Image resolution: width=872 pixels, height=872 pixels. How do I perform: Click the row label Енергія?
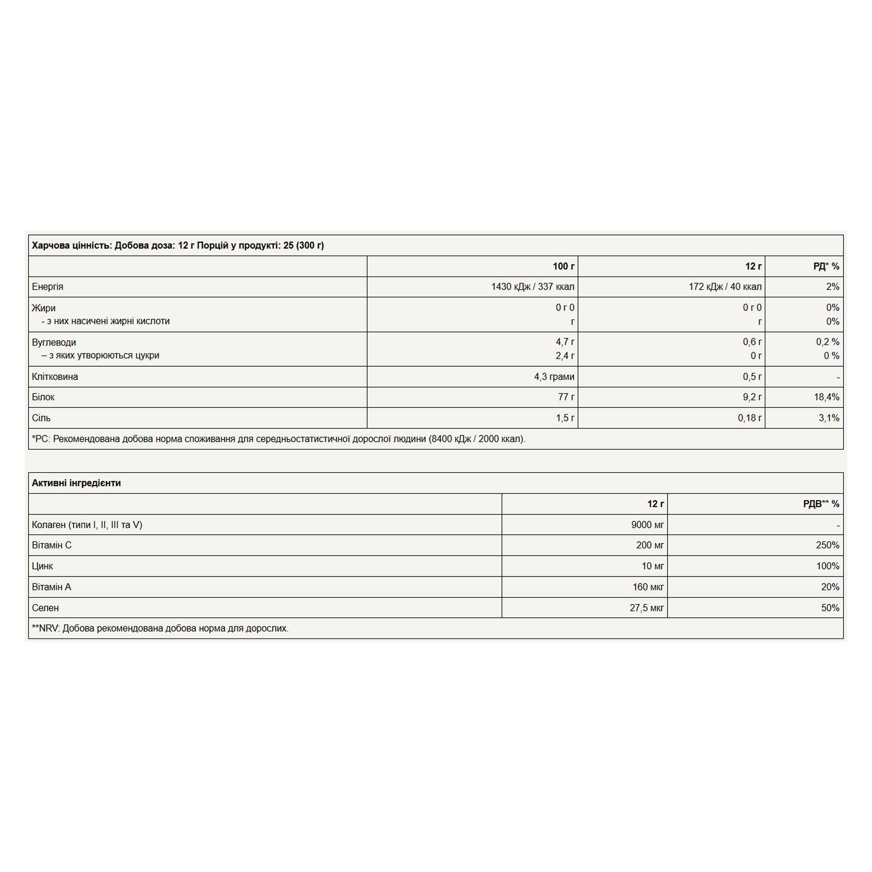point(47,287)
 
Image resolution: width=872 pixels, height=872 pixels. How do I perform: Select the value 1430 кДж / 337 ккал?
point(532,287)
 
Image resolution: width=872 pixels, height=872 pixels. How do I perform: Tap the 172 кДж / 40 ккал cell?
point(725,287)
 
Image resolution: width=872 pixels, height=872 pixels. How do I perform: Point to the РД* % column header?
point(826,266)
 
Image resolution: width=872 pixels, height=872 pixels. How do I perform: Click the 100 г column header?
point(563,266)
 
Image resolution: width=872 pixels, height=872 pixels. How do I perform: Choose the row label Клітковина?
point(55,377)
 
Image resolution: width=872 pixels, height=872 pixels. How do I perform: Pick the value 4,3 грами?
point(554,377)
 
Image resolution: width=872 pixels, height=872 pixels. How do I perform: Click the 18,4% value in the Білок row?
point(826,397)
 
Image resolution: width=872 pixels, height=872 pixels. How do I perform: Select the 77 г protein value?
point(566,397)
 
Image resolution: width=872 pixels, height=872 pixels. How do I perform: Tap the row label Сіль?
point(41,418)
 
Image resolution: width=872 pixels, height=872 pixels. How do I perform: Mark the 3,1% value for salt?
point(829,418)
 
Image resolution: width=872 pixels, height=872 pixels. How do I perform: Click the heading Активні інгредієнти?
point(77,483)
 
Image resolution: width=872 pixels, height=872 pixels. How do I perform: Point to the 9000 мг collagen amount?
point(647,525)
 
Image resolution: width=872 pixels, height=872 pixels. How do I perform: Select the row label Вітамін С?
point(52,545)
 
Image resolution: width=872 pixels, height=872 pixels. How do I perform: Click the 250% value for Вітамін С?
point(827,545)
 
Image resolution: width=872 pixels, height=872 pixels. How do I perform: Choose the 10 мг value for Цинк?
point(653,566)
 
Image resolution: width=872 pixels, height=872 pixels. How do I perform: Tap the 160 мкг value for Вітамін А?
point(648,587)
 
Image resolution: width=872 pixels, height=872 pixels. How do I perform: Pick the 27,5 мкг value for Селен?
point(646,608)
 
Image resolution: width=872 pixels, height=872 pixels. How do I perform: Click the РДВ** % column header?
point(821,504)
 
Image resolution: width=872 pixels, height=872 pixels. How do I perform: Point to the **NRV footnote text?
point(160,629)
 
